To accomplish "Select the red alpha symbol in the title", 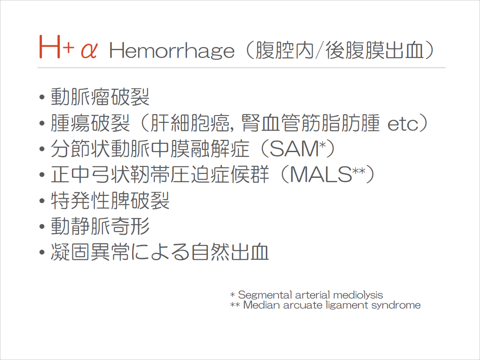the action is tap(89, 51).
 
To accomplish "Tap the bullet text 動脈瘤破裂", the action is tap(100, 97).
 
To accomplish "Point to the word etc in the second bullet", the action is tap(403, 124).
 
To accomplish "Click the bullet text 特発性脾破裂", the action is tap(110, 201).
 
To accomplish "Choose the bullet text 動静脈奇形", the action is tap(100, 227).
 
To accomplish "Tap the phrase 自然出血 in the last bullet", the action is tap(229, 252).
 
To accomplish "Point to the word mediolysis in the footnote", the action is tap(358, 295).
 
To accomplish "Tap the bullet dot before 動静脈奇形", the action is tap(42, 227).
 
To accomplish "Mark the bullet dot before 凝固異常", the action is tap(42, 253).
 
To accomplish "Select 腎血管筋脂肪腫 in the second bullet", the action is tap(310, 123).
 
